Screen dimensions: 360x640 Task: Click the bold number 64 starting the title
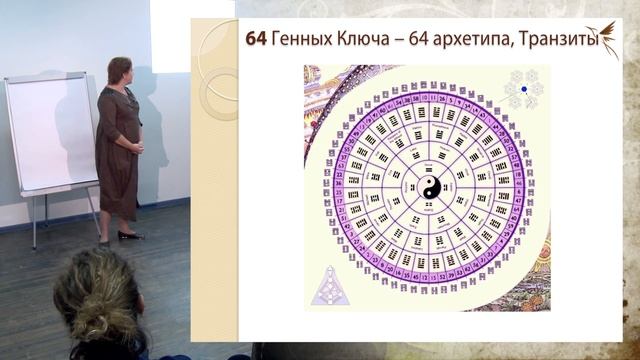tap(258, 40)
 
